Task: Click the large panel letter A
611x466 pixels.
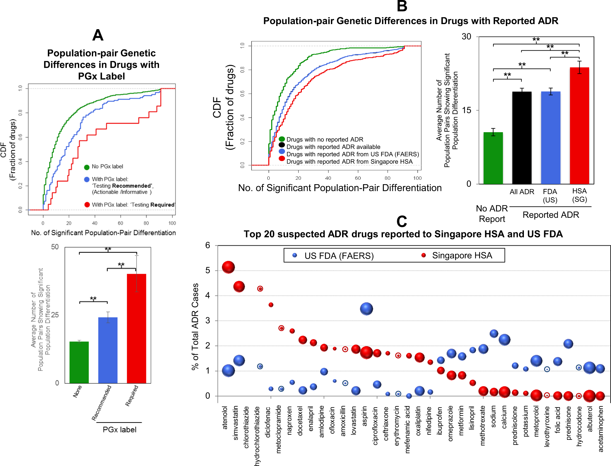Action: point(98,35)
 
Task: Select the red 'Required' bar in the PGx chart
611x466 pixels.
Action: point(136,328)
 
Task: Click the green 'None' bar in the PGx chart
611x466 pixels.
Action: point(79,362)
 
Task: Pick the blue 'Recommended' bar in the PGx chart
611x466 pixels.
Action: point(108,350)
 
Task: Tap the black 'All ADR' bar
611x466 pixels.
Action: point(522,138)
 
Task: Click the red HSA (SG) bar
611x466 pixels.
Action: point(579,126)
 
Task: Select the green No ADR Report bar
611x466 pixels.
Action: point(493,158)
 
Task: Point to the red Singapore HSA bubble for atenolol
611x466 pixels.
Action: point(228,267)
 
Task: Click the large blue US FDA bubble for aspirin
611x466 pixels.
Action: point(366,309)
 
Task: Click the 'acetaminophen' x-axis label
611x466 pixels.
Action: point(601,429)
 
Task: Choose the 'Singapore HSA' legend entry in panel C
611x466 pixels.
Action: point(462,256)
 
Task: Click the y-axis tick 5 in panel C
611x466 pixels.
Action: point(208,270)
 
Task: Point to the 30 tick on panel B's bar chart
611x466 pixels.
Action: point(466,37)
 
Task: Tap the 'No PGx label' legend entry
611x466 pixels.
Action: point(107,167)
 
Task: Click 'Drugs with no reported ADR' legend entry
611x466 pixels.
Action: point(325,139)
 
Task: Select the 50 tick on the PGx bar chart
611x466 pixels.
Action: point(55,247)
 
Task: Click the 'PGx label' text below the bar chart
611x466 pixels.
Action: point(119,430)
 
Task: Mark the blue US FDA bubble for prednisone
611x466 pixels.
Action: point(568,344)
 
